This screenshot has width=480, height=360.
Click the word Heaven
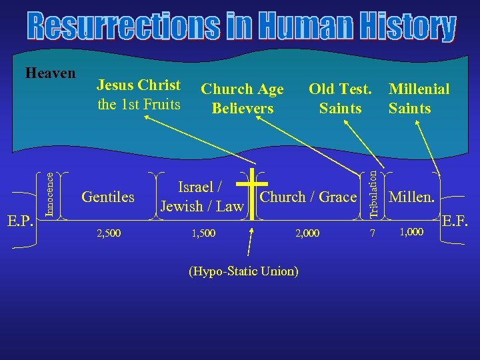pos(50,72)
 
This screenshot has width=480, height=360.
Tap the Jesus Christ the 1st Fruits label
pos(139,95)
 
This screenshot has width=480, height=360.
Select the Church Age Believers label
pos(243,98)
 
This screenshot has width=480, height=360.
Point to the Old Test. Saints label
pos(340,98)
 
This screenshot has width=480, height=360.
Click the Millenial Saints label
pos(419,98)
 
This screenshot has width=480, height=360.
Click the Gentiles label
pos(107,197)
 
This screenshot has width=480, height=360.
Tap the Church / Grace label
pos(308,197)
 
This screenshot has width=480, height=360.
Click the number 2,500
pos(109,233)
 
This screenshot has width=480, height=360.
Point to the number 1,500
pos(203,233)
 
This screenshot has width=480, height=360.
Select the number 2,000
pos(307,233)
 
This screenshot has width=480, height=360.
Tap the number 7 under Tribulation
pos(374,233)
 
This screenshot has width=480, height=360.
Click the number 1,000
pos(411,231)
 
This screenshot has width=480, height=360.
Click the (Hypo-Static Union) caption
pos(244,271)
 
